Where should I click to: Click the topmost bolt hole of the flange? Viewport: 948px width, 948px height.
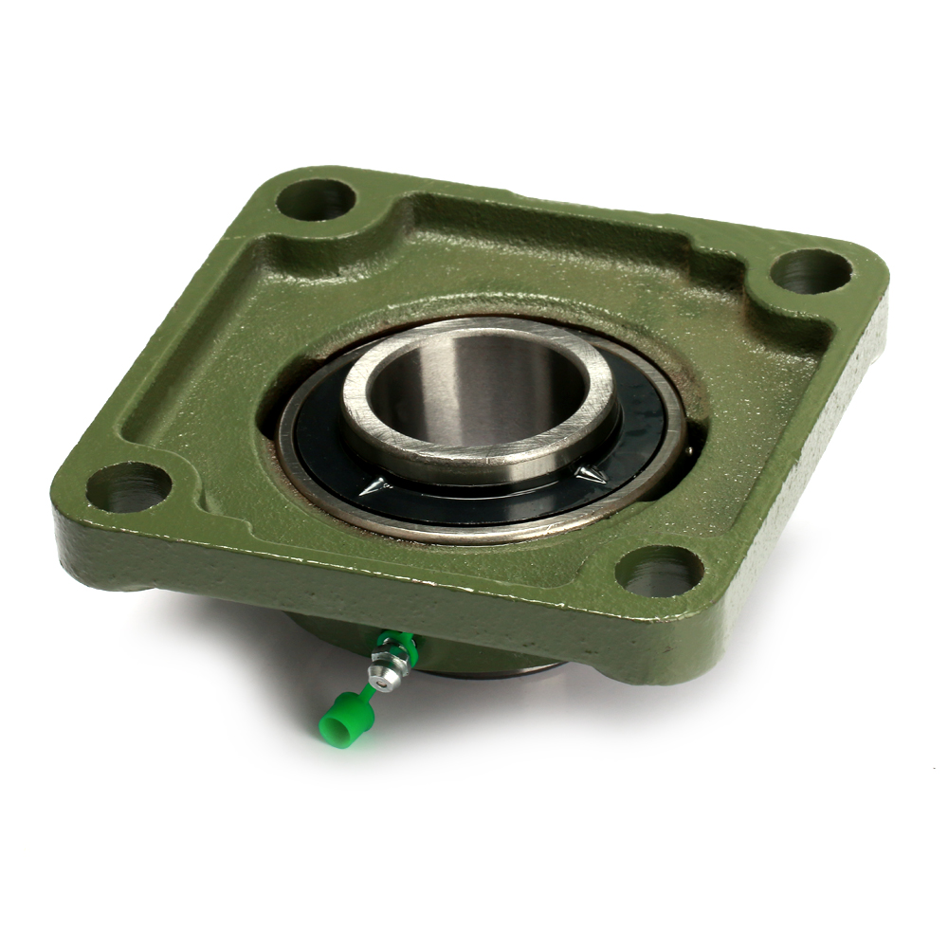(316, 200)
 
